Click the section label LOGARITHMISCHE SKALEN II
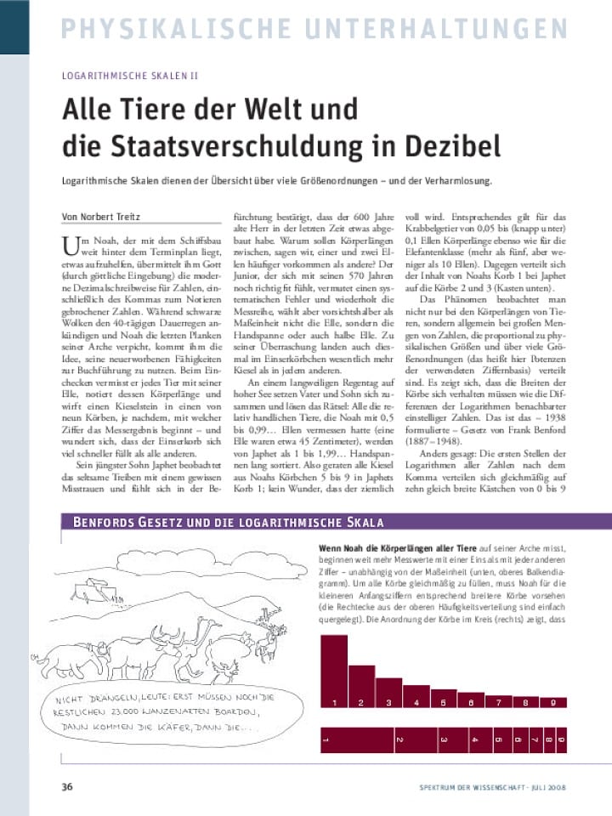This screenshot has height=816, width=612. pyautogui.click(x=129, y=76)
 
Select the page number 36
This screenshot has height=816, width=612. pyautogui.click(x=67, y=786)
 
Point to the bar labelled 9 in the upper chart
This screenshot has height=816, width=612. pyautogui.click(x=553, y=701)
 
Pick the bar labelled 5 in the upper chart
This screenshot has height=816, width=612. pyautogui.click(x=443, y=701)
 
